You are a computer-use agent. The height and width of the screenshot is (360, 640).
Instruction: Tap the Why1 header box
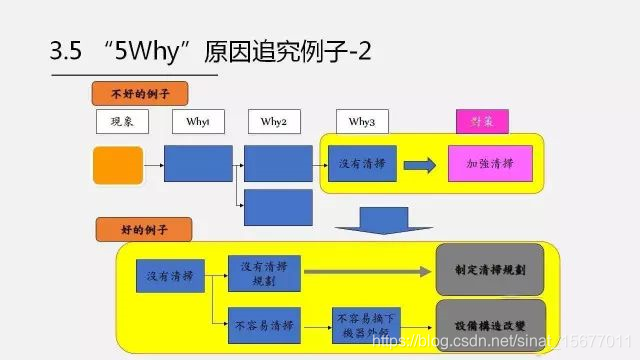coord(198,122)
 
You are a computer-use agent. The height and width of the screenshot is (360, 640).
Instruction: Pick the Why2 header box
coord(274,122)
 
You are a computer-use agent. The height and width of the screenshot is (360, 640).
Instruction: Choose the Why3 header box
coord(362,122)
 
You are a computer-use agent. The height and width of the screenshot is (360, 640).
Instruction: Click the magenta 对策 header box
coord(482,122)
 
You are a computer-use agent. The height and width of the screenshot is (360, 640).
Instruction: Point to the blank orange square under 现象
coord(118,165)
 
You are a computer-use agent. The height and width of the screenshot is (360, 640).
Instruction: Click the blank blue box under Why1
coord(198,164)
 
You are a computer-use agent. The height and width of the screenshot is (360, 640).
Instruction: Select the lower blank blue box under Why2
coord(278,206)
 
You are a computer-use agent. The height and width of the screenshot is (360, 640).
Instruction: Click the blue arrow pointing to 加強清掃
coord(420,164)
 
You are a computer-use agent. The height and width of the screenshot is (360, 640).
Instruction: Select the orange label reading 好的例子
coord(144,229)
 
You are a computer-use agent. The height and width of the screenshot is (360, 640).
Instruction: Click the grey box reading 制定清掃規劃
coord(490,269)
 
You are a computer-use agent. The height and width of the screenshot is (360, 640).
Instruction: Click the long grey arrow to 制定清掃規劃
coord(366,269)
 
